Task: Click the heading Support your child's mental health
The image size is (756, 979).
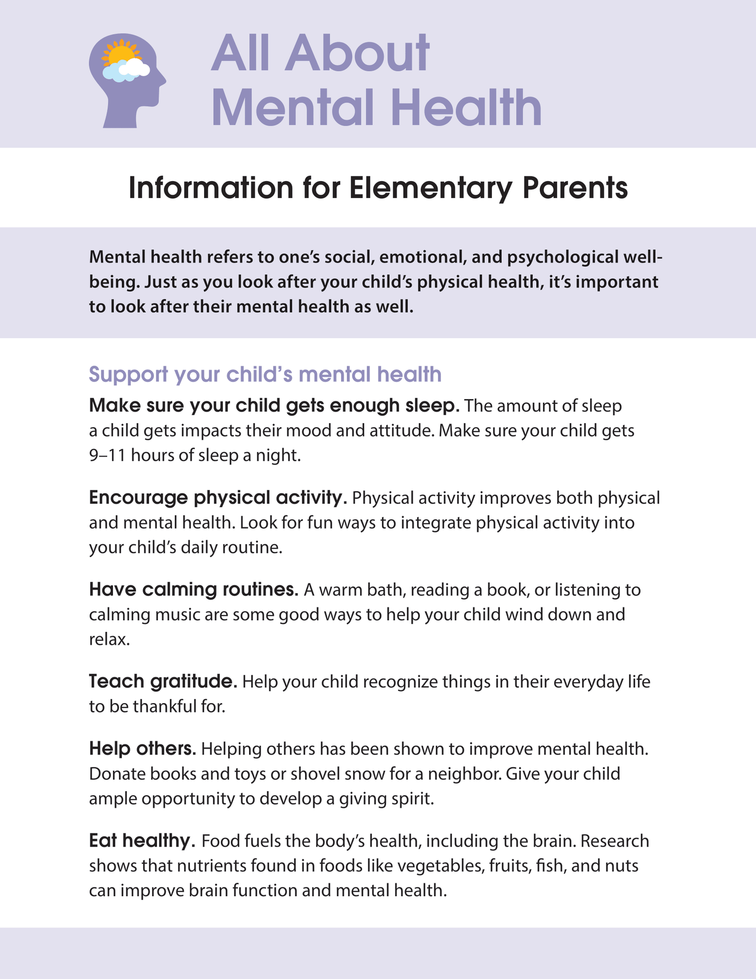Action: (x=265, y=374)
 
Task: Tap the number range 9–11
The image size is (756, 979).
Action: (x=107, y=455)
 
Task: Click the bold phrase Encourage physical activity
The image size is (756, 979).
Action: (x=218, y=497)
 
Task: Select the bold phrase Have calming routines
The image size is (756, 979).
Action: (x=193, y=589)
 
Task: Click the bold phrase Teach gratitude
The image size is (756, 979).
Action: (x=163, y=682)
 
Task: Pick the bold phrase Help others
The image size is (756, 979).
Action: (x=142, y=749)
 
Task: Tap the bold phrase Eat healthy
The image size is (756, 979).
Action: (x=142, y=841)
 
